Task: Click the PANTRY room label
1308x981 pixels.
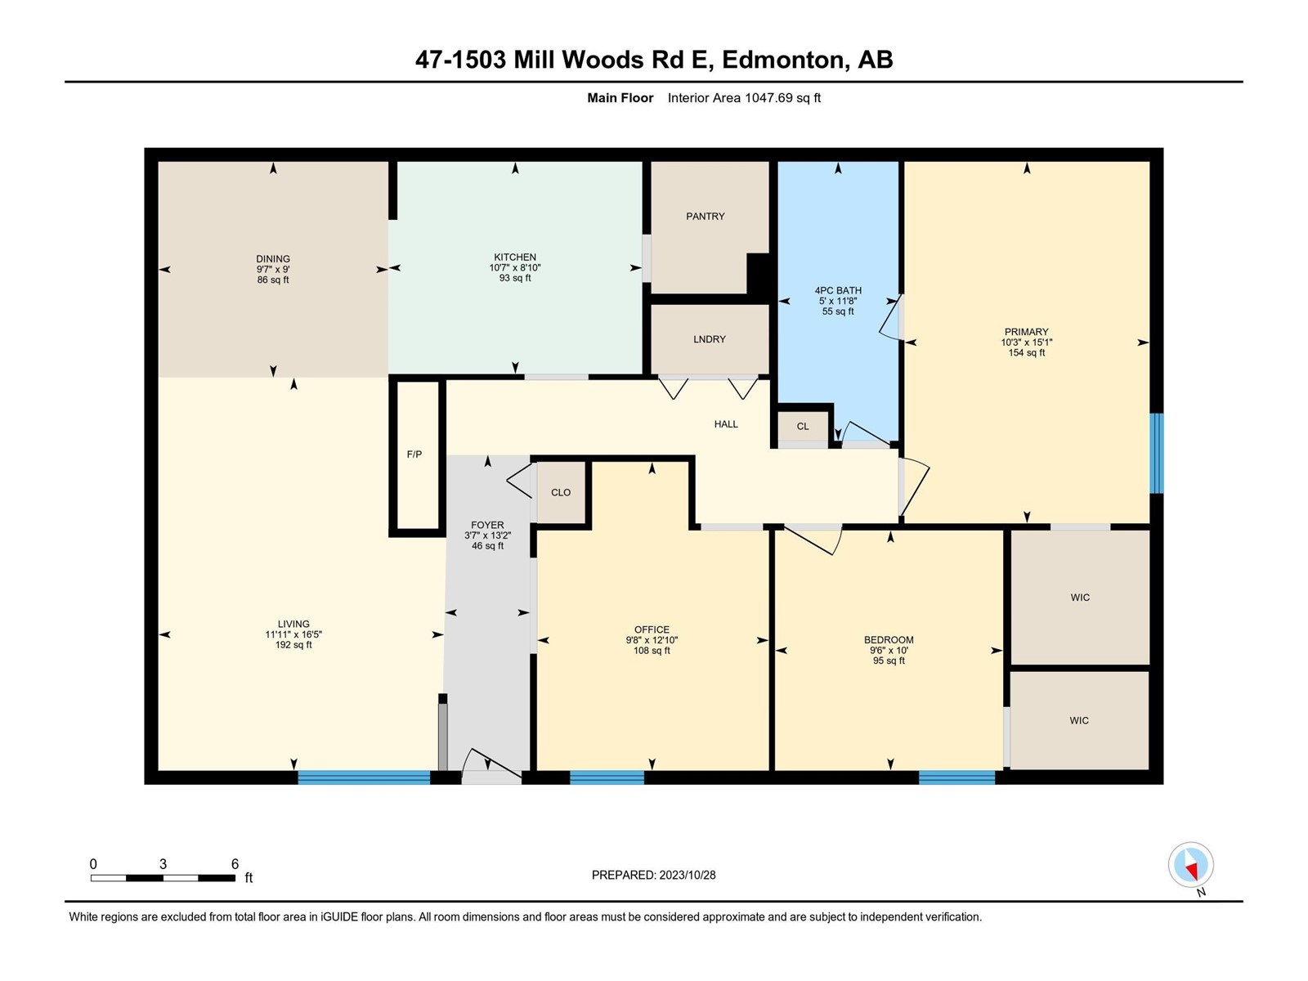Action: [705, 216]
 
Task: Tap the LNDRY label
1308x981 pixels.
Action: [709, 339]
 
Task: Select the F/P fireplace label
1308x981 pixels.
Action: [414, 455]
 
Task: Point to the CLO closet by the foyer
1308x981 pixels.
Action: [561, 493]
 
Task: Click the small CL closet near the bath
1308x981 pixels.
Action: [803, 427]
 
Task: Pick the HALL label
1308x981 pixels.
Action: [726, 424]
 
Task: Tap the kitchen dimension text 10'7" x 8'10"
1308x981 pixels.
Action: [515, 268]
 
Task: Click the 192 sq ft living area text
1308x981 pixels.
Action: [293, 645]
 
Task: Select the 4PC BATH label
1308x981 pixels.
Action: [838, 291]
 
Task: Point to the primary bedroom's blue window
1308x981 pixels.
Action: [1156, 453]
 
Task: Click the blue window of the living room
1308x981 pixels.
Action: [364, 777]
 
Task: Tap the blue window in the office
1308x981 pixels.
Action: [607, 777]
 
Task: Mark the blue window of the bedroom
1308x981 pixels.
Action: [956, 777]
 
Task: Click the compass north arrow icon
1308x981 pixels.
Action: [1190, 865]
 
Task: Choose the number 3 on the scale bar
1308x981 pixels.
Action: [163, 864]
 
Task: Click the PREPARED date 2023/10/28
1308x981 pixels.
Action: [687, 875]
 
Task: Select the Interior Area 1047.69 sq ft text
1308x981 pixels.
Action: [744, 97]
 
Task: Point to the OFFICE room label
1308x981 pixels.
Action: [652, 629]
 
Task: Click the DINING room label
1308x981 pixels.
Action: [273, 259]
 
